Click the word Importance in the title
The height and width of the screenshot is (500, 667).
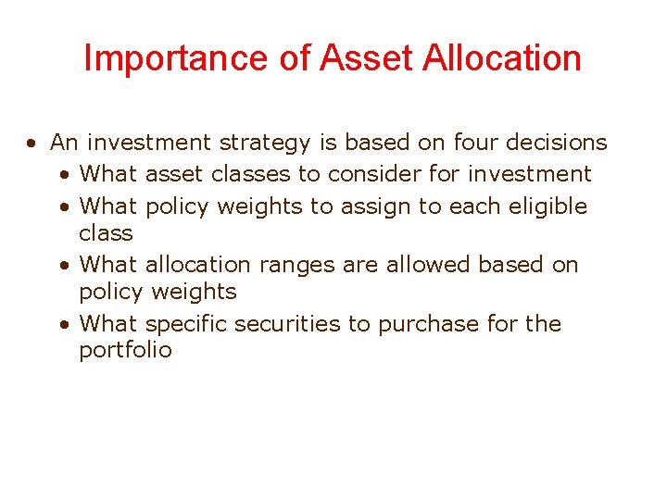[x=153, y=58]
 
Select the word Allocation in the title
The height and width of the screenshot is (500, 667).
[x=502, y=58]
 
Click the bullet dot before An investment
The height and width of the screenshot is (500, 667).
[x=31, y=144]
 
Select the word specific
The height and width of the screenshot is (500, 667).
[x=186, y=324]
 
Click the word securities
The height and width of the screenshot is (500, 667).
[x=283, y=324]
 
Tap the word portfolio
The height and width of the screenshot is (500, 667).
[x=125, y=351]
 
